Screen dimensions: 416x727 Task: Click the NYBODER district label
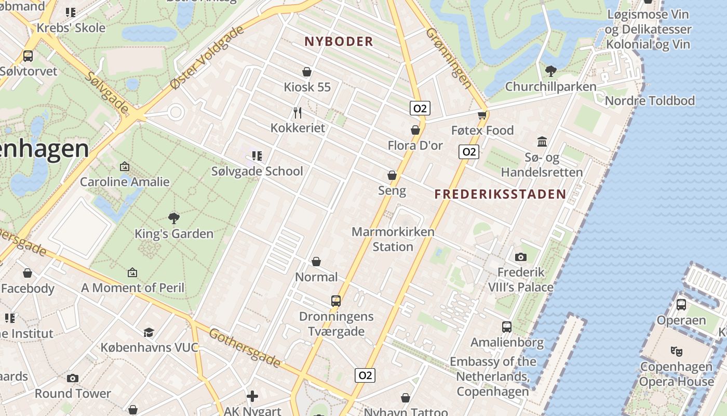pos(339,42)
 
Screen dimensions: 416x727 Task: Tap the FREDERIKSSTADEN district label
pos(500,194)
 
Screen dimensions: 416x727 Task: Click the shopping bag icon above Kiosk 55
pos(307,71)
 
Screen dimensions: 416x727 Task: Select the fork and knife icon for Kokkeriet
pos(298,112)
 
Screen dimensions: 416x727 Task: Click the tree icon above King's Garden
pos(174,218)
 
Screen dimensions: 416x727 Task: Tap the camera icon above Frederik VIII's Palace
pos(520,257)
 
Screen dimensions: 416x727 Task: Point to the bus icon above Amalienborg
pos(507,327)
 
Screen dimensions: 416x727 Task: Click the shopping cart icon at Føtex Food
pos(482,115)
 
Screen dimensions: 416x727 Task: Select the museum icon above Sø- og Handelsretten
pos(542,141)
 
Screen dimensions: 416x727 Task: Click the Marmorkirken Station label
pos(393,239)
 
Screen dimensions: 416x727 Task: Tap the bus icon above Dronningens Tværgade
pos(336,301)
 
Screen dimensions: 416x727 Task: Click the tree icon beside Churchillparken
pos(550,71)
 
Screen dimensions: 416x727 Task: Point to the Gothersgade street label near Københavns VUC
pos(245,347)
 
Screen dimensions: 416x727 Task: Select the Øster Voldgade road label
pos(207,57)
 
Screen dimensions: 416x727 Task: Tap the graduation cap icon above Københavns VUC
pos(149,332)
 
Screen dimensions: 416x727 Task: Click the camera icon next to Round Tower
pos(73,378)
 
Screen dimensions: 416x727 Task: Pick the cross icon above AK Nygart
pos(252,397)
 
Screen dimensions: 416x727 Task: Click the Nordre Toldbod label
pos(650,101)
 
